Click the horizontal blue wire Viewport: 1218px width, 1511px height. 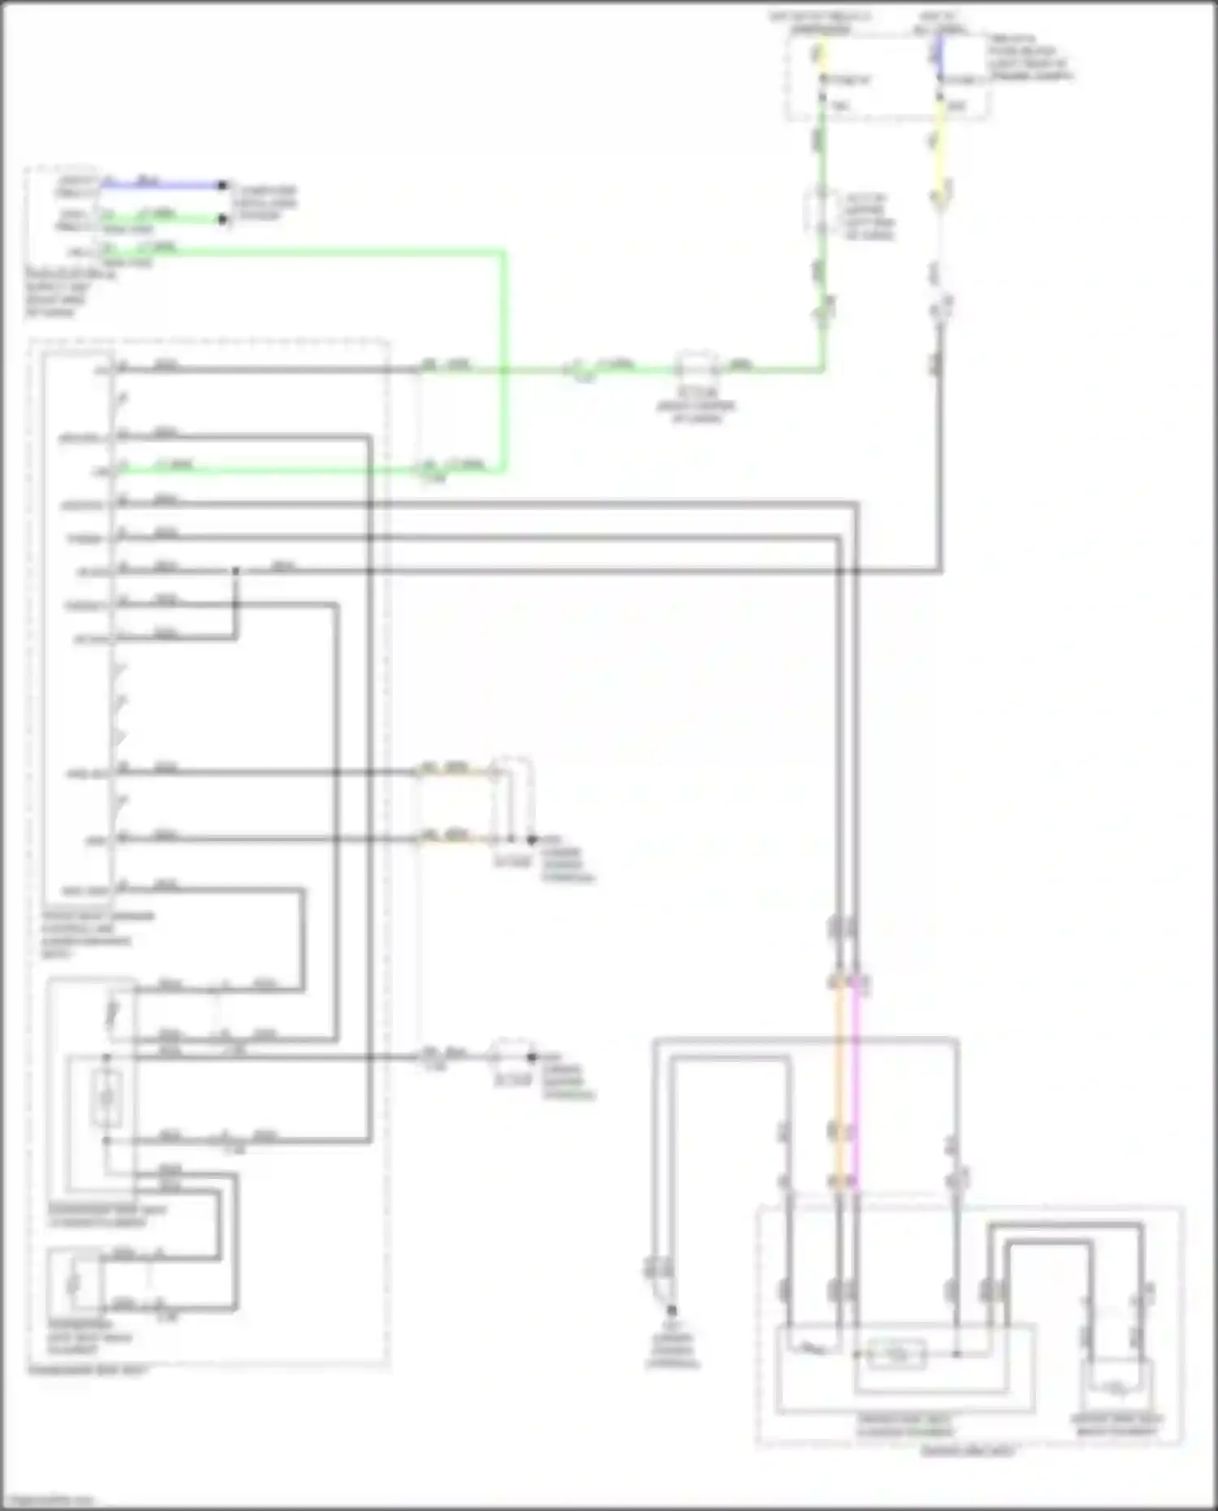pos(162,185)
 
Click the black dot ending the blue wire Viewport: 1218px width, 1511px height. pos(222,185)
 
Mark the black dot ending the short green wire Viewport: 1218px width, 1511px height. pos(222,218)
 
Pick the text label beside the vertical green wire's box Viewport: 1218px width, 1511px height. pos(869,216)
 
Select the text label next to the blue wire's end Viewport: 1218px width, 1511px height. pos(265,202)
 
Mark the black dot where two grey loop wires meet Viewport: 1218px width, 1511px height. pos(235,571)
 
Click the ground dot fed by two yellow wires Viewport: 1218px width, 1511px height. pos(532,840)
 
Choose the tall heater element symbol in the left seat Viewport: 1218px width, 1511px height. pos(106,1099)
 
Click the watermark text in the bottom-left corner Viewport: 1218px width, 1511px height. pos(49,1500)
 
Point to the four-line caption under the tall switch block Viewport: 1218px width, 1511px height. pos(97,935)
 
